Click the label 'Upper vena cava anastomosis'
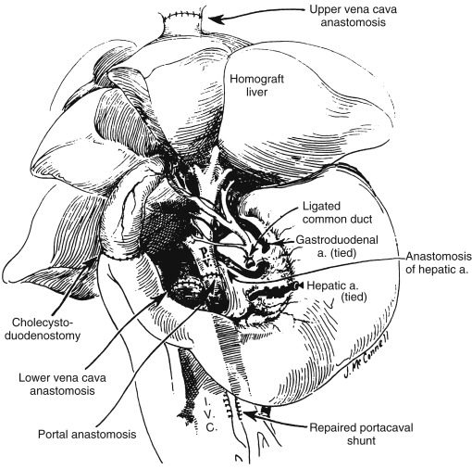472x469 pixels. click(x=353, y=16)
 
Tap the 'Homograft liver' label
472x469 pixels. click(x=256, y=85)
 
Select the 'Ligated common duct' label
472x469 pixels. click(x=337, y=212)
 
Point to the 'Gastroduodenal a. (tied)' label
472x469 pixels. click(x=337, y=247)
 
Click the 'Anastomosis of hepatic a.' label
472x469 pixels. click(x=439, y=262)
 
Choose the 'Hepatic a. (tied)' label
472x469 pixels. click(x=337, y=291)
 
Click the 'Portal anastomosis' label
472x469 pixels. click(x=87, y=434)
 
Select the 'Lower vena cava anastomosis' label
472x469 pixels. click(x=62, y=384)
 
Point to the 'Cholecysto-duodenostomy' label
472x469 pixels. click(x=43, y=329)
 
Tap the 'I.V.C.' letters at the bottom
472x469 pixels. click(x=210, y=414)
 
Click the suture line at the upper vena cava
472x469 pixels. click(x=180, y=15)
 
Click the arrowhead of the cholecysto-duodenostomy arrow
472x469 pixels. click(x=92, y=262)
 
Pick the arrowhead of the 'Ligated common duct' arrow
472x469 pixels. click(x=254, y=252)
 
